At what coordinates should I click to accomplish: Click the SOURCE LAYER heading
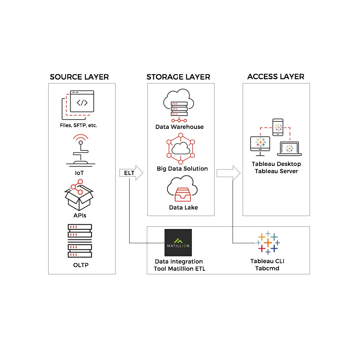pos(79,77)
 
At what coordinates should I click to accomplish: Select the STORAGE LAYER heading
pos(178,77)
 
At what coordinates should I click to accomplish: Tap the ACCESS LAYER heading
pos(276,76)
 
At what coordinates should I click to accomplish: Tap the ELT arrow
pos(130,173)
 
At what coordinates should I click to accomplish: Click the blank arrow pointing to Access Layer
pos(228,173)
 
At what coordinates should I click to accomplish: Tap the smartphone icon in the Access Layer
pos(278,127)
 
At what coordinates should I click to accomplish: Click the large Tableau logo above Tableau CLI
pos(268,243)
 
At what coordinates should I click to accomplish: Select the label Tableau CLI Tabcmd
pos(267,265)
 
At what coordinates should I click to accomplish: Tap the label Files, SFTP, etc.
pos(78,126)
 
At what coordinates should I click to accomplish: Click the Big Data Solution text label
pos(182,168)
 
